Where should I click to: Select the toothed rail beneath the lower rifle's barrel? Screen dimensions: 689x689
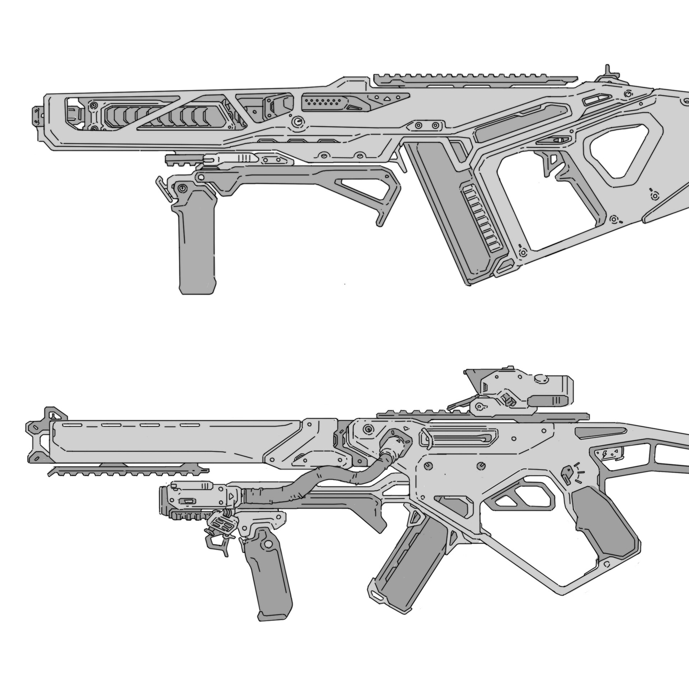pos(129,470)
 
